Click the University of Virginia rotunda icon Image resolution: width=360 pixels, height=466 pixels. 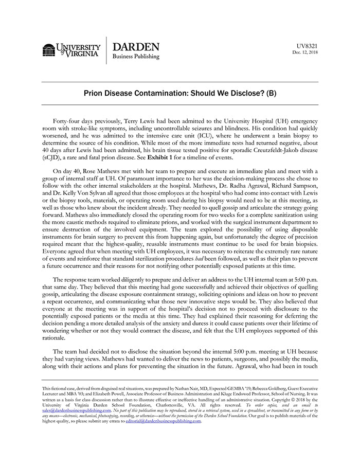[49, 50]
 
